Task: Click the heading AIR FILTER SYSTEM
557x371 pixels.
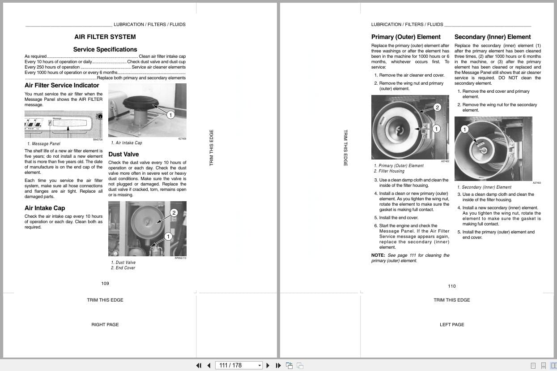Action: [x=105, y=37]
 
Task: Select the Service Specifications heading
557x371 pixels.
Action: [x=105, y=49]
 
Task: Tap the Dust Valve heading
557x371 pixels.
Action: [x=123, y=154]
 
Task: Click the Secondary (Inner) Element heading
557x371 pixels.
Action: [x=493, y=37]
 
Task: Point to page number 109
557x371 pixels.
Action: [x=105, y=283]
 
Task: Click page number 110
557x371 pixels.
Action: [x=452, y=286]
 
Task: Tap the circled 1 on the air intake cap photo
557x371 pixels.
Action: [x=170, y=115]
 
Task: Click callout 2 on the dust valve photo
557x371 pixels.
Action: [x=174, y=212]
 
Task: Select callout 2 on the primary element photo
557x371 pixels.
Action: [x=437, y=107]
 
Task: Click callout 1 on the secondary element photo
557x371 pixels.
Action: [x=464, y=129]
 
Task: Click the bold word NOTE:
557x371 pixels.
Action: [x=378, y=255]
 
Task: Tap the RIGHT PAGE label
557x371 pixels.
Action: [x=105, y=324]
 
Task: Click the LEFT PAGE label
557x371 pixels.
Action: [x=452, y=324]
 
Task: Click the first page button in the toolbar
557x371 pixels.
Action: [x=199, y=365]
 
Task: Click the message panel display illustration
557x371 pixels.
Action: [x=63, y=123]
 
